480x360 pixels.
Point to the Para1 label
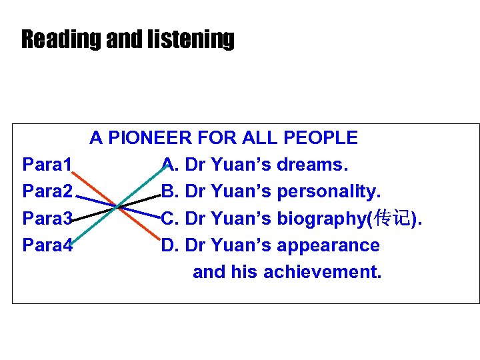[x=47, y=165]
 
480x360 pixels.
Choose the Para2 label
[x=47, y=191]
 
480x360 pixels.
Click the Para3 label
[x=47, y=218]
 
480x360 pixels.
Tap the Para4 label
[x=47, y=245]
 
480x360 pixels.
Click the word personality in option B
[x=328, y=191]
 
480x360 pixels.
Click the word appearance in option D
[x=328, y=245]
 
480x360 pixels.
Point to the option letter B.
[x=169, y=191]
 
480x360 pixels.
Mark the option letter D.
[x=169, y=245]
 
